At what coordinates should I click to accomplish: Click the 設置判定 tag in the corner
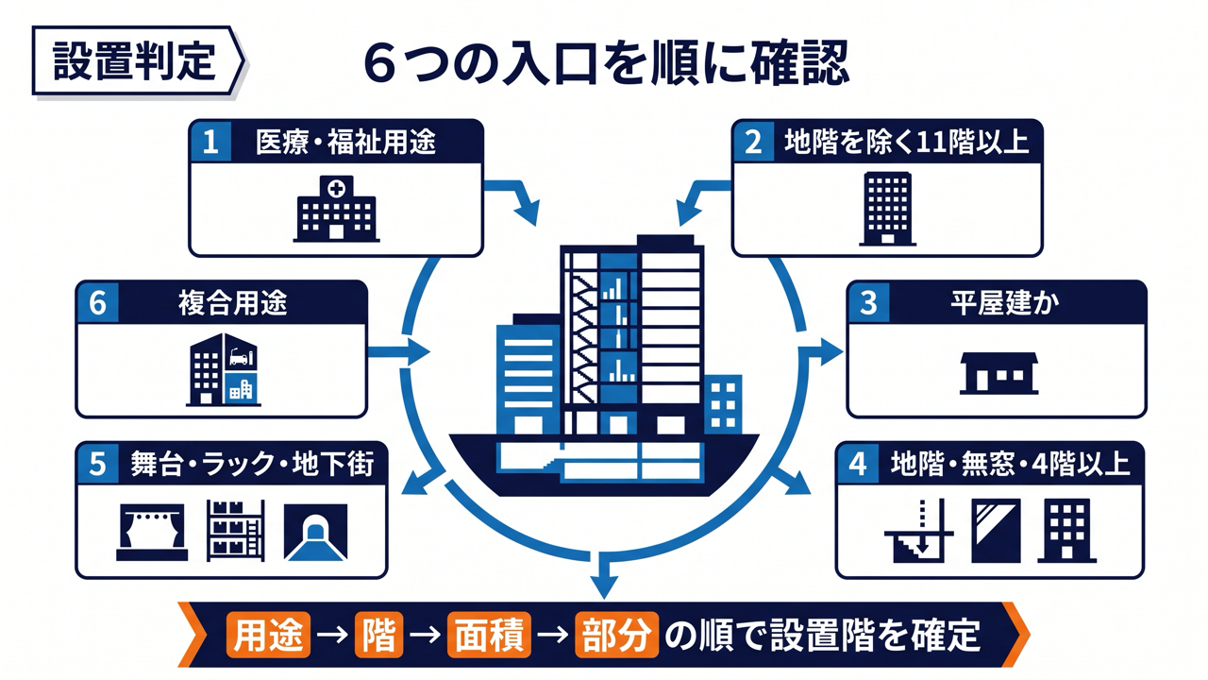[138, 61]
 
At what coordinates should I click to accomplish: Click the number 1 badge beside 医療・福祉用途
[210, 142]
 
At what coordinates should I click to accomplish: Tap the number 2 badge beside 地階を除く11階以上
[753, 142]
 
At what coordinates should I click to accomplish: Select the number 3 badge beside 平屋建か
[868, 303]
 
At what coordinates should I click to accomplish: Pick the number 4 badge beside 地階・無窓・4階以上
[858, 464]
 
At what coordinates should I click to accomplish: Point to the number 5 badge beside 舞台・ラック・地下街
[97, 464]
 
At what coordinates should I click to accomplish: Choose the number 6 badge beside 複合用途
[97, 303]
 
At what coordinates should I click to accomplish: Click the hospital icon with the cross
[337, 209]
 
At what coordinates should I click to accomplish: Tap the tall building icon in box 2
[887, 209]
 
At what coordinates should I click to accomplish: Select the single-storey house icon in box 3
[998, 373]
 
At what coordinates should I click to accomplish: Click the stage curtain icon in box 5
[152, 532]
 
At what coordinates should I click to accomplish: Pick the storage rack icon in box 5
[236, 531]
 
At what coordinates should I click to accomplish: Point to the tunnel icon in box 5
[315, 532]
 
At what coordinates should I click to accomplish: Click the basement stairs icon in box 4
[919, 532]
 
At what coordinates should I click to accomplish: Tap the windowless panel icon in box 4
[996, 531]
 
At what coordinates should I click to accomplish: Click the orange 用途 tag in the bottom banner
[269, 635]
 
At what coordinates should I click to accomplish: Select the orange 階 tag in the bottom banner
[379, 635]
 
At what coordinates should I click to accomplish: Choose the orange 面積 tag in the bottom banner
[489, 635]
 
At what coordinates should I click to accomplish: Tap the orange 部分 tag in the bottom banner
[617, 635]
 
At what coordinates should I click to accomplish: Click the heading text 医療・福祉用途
[345, 143]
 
